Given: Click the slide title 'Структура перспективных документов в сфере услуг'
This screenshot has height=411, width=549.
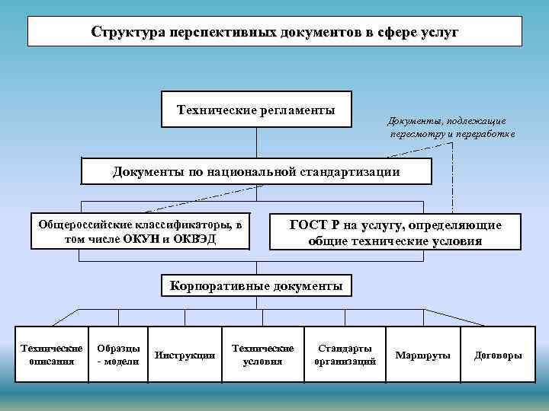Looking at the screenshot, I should tap(274, 33).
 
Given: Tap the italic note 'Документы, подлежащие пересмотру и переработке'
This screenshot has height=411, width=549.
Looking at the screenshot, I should tap(451, 127).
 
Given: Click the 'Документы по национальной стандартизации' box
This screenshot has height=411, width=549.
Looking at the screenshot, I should tap(256, 172).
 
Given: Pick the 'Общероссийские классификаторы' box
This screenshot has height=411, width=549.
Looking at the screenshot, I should tap(141, 232).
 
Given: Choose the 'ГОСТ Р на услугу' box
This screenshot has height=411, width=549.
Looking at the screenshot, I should tap(395, 234).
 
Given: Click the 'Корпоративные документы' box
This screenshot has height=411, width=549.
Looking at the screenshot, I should tap(257, 286).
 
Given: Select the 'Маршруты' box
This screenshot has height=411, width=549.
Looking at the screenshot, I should tap(423, 355).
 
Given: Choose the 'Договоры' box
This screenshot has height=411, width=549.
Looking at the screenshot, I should tap(498, 355).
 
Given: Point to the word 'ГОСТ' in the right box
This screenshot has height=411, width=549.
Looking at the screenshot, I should tap(308, 226).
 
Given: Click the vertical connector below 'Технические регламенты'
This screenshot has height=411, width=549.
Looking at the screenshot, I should tap(256, 143).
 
